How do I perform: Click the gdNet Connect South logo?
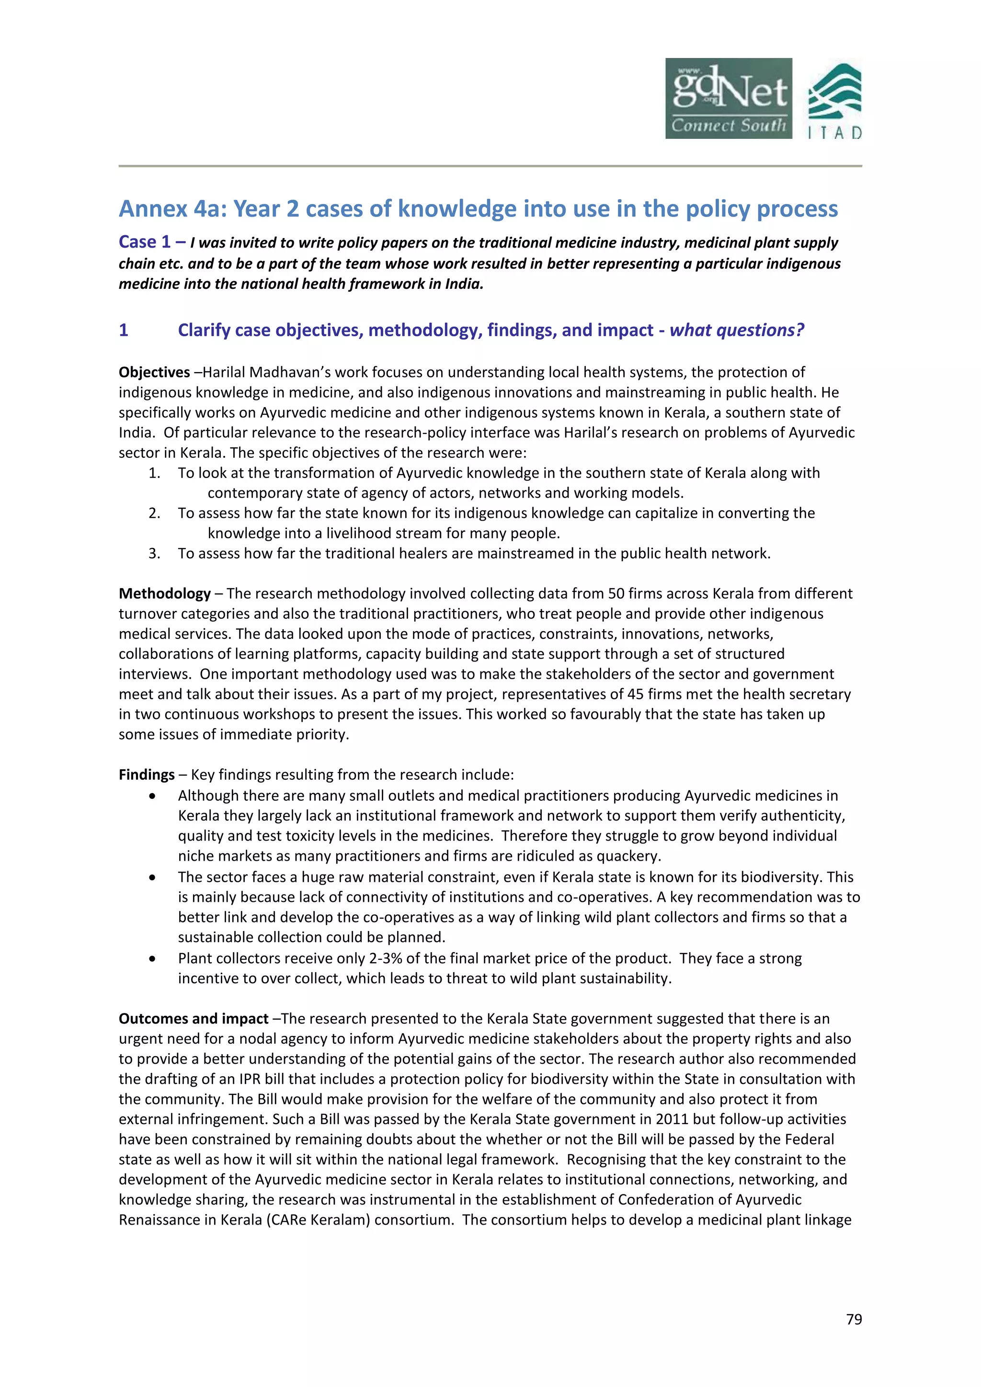click(728, 99)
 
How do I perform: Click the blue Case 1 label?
click(145, 242)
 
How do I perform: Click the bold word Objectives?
click(154, 373)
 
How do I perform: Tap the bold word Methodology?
click(164, 594)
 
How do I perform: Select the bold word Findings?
click(146, 775)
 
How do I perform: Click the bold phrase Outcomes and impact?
click(194, 1019)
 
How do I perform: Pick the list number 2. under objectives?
click(155, 513)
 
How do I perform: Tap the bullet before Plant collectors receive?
click(153, 959)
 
